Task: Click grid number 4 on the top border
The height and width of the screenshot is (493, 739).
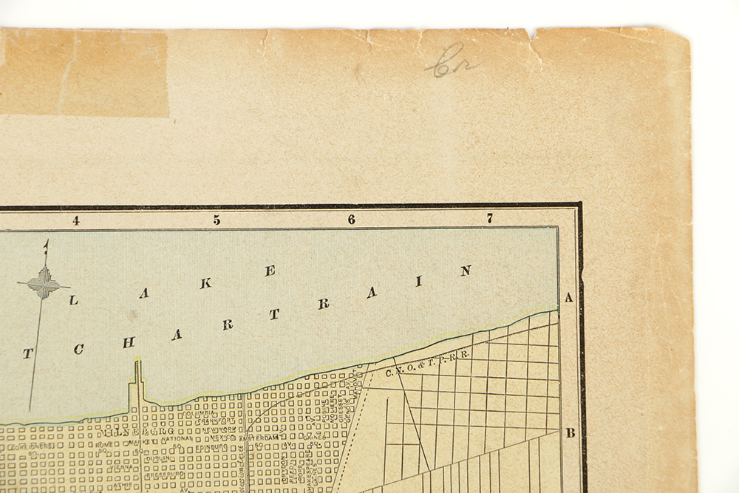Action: coord(75,220)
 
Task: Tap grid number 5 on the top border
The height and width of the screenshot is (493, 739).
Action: coord(217,220)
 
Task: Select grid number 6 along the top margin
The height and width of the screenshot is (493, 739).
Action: coord(351,220)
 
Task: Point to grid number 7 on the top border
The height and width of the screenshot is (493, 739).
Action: coord(489,218)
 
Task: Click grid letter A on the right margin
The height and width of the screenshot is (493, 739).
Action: coord(569,298)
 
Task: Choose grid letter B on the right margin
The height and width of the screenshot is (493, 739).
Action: coord(570,433)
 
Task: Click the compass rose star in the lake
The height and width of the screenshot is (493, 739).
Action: coord(44,284)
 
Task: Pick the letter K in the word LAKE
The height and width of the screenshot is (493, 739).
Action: coord(207,282)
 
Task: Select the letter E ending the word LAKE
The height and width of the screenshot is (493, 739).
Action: coord(270,271)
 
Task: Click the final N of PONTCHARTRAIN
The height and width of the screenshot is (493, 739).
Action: coord(466,271)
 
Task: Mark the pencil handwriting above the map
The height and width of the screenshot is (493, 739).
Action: coord(451,61)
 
